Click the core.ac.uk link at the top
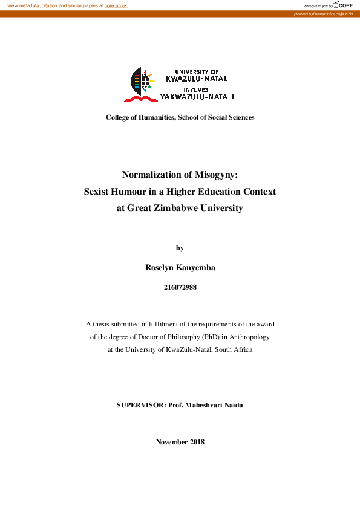116,5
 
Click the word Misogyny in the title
215,175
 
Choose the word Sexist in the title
99,192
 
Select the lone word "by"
180,248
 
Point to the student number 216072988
180,288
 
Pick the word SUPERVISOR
139,405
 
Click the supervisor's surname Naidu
232,405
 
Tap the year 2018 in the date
197,442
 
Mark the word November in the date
171,442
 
